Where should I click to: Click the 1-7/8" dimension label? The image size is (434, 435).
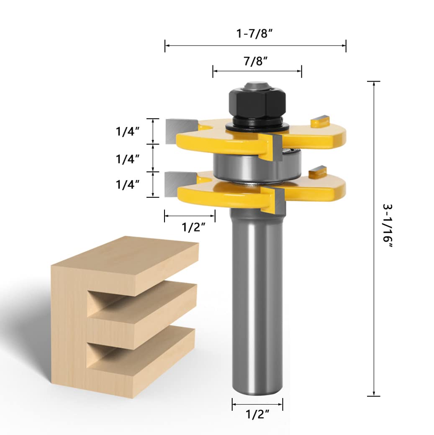click(254, 33)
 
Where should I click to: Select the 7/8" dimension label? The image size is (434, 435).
click(256, 61)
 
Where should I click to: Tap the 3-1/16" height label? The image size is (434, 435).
click(388, 226)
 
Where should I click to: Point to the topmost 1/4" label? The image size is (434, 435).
click(128, 131)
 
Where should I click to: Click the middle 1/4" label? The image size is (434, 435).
click(128, 159)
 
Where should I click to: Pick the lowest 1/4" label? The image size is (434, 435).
click(128, 184)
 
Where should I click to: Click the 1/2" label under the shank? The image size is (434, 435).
click(257, 415)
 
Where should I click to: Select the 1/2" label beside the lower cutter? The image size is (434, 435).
click(193, 227)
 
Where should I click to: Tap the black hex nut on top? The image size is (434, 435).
click(257, 102)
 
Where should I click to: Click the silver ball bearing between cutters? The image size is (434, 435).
click(257, 166)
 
